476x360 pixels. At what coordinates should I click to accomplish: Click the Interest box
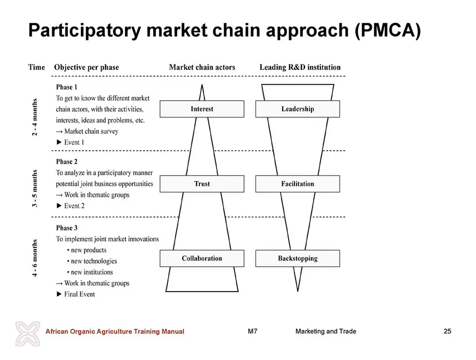coord(202,109)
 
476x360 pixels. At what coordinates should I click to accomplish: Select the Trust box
coord(202,183)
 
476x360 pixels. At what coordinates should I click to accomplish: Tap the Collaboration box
coord(202,258)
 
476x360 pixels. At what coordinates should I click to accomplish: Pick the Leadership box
coord(297,109)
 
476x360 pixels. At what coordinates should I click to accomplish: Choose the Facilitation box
coord(297,183)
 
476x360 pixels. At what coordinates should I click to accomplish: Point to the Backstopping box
coord(297,258)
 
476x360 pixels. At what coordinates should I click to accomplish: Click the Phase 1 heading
coord(66,87)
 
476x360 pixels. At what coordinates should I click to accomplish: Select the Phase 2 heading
coord(66,162)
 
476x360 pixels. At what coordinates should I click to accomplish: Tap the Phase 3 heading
coord(66,228)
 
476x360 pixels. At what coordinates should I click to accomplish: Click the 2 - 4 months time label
coord(35,117)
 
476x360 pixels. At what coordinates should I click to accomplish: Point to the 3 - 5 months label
coord(35,188)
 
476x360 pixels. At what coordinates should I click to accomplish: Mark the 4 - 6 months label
coord(35,258)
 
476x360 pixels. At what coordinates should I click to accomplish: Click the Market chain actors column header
coord(202,67)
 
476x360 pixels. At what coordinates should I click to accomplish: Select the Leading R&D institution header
coord(300,67)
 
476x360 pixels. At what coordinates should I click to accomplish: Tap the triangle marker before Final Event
coord(59,294)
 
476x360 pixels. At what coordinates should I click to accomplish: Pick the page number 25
coord(447,331)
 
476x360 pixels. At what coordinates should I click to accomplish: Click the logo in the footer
coord(28,334)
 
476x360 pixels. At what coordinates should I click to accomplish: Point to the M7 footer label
coord(252,331)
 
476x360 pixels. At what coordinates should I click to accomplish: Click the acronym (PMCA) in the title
coord(387,30)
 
